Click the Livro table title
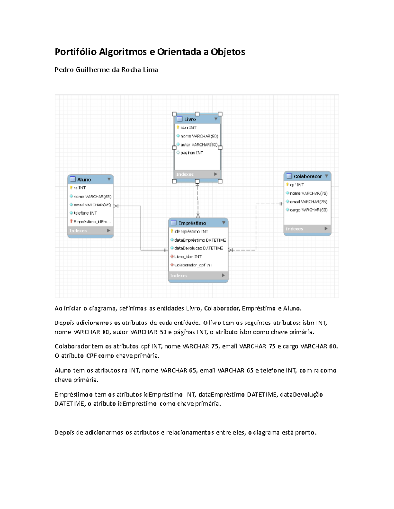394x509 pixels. point(190,119)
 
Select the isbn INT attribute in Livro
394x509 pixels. point(188,128)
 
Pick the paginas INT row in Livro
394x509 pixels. point(191,153)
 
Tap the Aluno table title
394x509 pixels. point(84,180)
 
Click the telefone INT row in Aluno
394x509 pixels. point(85,213)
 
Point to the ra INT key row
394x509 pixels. point(79,188)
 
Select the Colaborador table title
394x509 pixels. point(307,176)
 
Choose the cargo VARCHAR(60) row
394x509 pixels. point(308,210)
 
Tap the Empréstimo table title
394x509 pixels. point(192,223)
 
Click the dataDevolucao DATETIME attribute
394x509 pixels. point(198,248)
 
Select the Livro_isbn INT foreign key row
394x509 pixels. point(188,257)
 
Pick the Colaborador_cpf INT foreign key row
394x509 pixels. point(193,265)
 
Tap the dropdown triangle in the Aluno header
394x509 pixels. point(109,179)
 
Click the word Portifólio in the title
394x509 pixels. point(76,52)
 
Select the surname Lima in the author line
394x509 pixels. point(150,70)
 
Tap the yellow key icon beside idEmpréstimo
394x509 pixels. point(172,231)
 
